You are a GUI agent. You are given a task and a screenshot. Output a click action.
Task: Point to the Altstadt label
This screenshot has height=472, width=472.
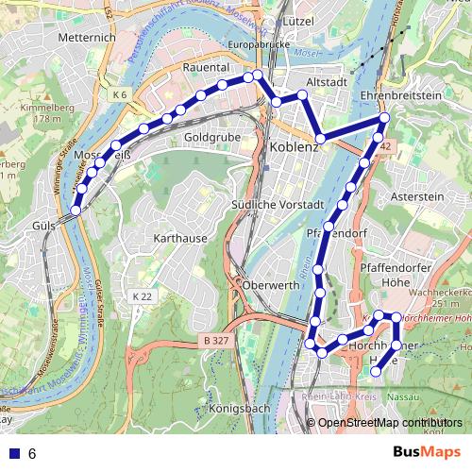pyautogui.click(x=329, y=82)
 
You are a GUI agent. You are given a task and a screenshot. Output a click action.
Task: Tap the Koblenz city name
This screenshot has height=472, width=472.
pyautogui.click(x=295, y=147)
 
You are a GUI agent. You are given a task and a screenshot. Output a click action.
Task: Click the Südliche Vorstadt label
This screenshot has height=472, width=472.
pyautogui.click(x=278, y=205)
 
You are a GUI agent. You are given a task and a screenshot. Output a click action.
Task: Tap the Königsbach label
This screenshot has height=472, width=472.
pyautogui.click(x=237, y=408)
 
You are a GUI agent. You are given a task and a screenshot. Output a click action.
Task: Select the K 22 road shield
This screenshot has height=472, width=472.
pyautogui.click(x=141, y=296)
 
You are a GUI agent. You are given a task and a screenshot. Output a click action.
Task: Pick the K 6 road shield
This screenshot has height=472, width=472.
pyautogui.click(x=119, y=95)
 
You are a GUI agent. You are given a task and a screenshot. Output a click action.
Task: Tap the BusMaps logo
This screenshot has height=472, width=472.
pyautogui.click(x=427, y=452)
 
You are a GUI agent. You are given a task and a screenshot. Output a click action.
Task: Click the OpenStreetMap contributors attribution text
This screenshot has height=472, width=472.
pyautogui.click(x=390, y=423)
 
